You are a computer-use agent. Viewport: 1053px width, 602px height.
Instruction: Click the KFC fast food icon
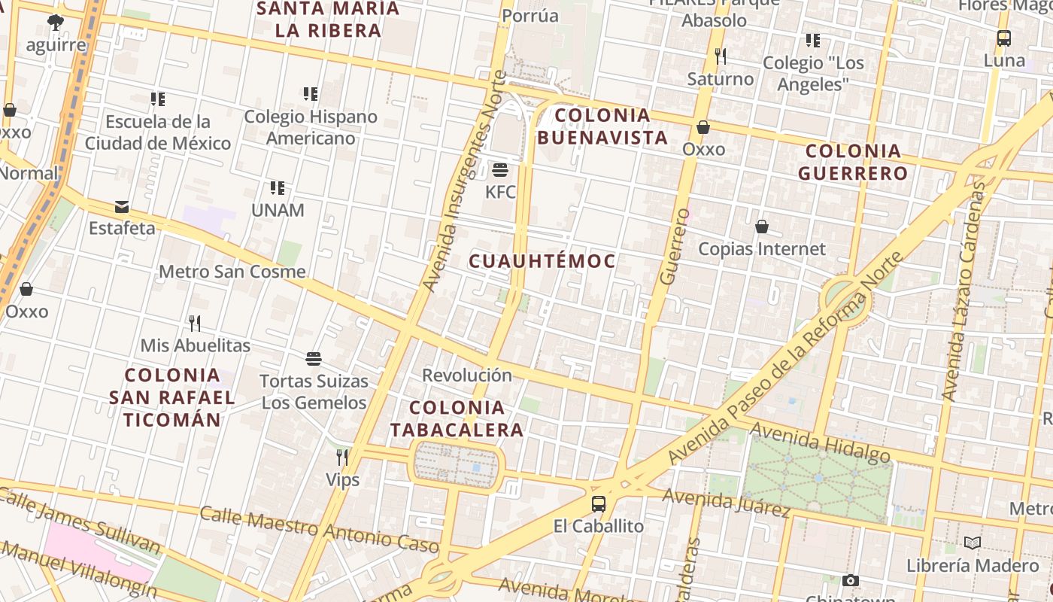500,169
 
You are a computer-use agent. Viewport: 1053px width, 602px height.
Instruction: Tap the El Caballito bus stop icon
599,503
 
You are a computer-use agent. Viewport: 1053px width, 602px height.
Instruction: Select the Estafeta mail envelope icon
122,207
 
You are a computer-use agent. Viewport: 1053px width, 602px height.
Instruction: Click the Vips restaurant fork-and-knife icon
342,457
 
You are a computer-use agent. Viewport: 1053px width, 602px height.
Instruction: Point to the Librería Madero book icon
973,543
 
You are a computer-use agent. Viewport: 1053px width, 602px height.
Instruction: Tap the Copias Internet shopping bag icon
761,227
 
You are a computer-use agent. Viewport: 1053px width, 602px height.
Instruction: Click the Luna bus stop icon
1003,38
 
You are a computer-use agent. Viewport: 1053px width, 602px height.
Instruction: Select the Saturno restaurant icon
720,56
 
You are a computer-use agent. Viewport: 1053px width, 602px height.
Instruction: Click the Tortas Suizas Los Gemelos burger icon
314,359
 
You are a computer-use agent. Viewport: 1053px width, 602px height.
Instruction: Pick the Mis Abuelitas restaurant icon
195,324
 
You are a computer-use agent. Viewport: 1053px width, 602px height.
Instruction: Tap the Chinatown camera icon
851,580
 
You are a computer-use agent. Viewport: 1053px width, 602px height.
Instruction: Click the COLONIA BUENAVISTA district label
602,126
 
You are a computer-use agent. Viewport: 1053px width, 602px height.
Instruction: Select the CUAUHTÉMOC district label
542,262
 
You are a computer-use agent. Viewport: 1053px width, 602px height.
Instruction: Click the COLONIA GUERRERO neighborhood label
853,162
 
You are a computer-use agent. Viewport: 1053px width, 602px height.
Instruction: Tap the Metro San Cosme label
232,272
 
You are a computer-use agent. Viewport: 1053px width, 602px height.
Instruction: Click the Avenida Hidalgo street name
820,442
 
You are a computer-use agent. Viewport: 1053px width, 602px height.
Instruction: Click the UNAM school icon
278,187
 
